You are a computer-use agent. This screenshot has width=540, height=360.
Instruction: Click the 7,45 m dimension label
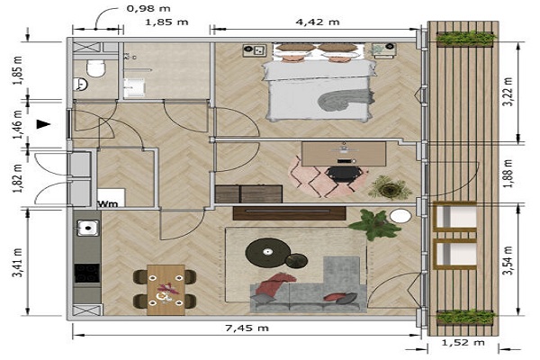pyautogui.click(x=247, y=328)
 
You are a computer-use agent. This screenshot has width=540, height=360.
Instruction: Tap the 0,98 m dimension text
pyautogui.click(x=148, y=8)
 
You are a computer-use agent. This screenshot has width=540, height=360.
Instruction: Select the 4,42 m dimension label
pyautogui.click(x=318, y=22)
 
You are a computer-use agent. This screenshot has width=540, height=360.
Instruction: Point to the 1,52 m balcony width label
pyautogui.click(x=463, y=342)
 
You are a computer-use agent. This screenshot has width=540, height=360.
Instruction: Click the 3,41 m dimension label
pyautogui.click(x=18, y=262)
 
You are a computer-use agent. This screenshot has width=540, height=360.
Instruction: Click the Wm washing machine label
pyautogui.click(x=108, y=204)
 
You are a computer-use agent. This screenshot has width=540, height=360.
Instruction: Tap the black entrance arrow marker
pyautogui.click(x=44, y=124)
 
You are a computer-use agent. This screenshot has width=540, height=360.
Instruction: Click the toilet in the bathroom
pyautogui.click(x=95, y=67)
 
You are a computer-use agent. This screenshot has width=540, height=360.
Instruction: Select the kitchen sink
pyautogui.click(x=88, y=228)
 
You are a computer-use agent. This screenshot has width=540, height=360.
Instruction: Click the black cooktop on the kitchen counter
pyautogui.click(x=87, y=274)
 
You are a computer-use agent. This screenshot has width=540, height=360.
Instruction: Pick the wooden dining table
pyautogui.click(x=166, y=290)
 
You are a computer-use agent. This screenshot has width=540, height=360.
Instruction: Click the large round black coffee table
pyautogui.click(x=267, y=253)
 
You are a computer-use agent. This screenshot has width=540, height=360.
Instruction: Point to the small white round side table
pyautogui.click(x=400, y=217)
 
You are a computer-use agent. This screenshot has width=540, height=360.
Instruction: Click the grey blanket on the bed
pyautogui.click(x=346, y=100)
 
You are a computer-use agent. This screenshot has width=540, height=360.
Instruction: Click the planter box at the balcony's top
pyautogui.click(x=465, y=38)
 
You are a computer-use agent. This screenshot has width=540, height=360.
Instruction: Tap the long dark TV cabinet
pyautogui.click(x=289, y=213)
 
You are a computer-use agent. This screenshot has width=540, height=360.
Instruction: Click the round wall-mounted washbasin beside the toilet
pyautogui.click(x=79, y=84)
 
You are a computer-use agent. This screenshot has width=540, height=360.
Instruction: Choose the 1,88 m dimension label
pyautogui.click(x=508, y=174)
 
